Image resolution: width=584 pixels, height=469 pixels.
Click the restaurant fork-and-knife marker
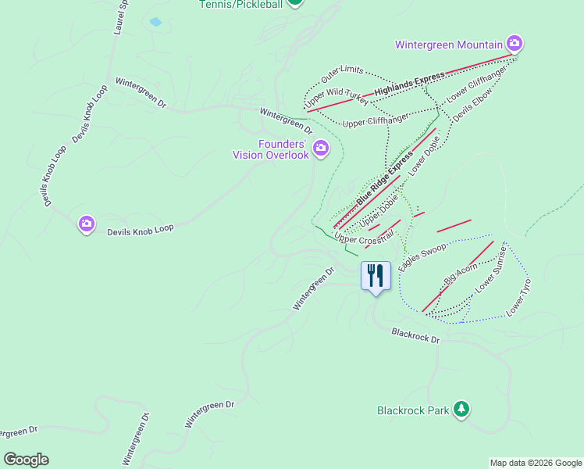click(x=376, y=276)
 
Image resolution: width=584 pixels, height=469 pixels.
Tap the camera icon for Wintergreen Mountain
click(x=515, y=42)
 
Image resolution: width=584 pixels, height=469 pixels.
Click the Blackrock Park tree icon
click(x=461, y=409)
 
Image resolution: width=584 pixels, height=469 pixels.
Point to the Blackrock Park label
click(x=413, y=410)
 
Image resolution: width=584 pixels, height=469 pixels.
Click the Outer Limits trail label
click(x=343, y=76)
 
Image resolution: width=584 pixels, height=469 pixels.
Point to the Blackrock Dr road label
click(x=416, y=336)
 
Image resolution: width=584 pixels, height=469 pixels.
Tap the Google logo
click(x=26, y=460)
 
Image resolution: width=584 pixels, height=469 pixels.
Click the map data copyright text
click(x=536, y=463)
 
